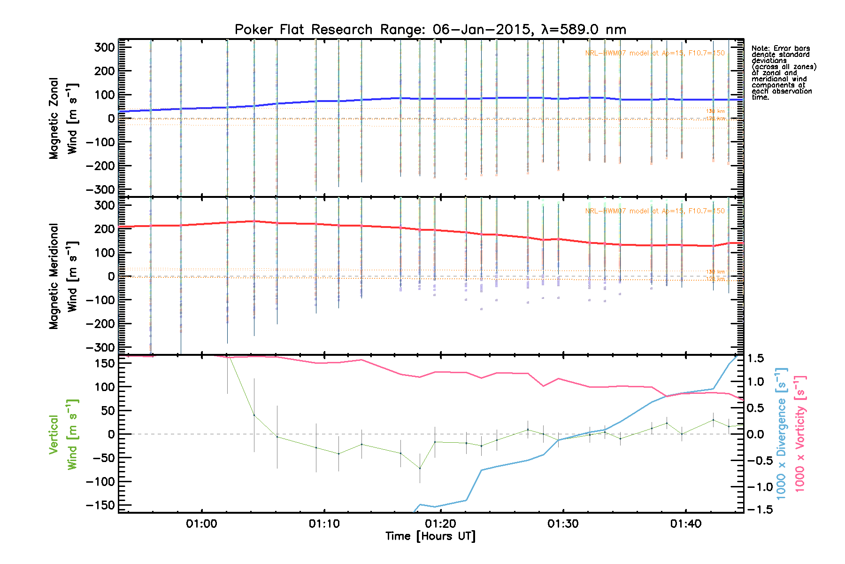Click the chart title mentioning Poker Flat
click(430, 30)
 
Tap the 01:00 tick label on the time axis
click(201, 524)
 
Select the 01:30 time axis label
click(563, 524)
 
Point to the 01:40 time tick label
click(685, 524)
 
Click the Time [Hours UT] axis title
click(430, 536)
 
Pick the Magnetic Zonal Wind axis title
click(63, 118)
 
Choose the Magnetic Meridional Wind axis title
click(63, 276)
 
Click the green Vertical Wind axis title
click(63, 435)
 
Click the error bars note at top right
click(783, 73)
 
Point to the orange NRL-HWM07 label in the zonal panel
click(654, 53)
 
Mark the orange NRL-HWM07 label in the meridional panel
click(654, 211)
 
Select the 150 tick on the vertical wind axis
click(105, 363)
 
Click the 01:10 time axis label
click(324, 524)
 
